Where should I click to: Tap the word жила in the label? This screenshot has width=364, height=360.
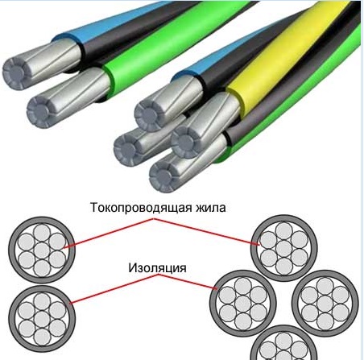click(211, 208)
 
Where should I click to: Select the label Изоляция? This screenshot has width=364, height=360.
click(157, 268)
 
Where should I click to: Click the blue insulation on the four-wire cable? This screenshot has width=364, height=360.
click(215, 58)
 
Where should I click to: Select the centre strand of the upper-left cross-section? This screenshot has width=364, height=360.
click(42, 250)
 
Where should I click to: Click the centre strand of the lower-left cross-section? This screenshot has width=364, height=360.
click(42, 319)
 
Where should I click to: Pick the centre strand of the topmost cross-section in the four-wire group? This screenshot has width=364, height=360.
click(283, 248)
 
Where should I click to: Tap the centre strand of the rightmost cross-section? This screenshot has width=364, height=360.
click(325, 304)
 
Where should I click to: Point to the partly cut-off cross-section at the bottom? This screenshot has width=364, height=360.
click(283, 345)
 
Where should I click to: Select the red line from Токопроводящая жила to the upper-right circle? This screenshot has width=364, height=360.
click(207, 232)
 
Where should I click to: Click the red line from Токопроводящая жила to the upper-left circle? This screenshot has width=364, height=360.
click(109, 233)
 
